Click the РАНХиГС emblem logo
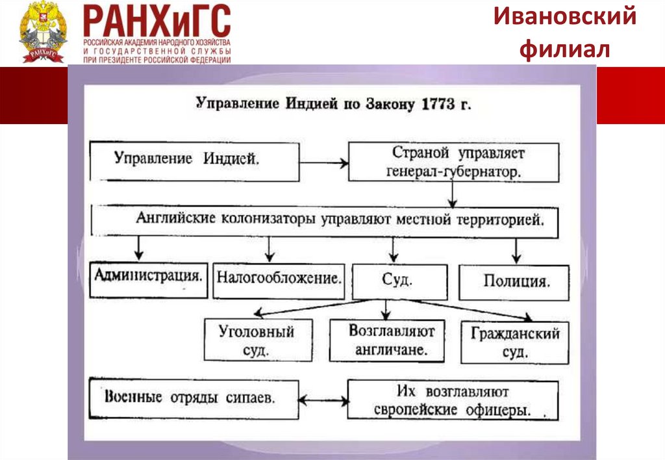43,32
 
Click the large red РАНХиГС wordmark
157,21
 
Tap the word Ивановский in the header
564,17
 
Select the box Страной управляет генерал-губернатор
454,163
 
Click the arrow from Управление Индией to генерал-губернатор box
324,163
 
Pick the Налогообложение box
279,279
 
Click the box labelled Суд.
399,281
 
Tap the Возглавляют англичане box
387,340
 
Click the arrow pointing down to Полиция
516,250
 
